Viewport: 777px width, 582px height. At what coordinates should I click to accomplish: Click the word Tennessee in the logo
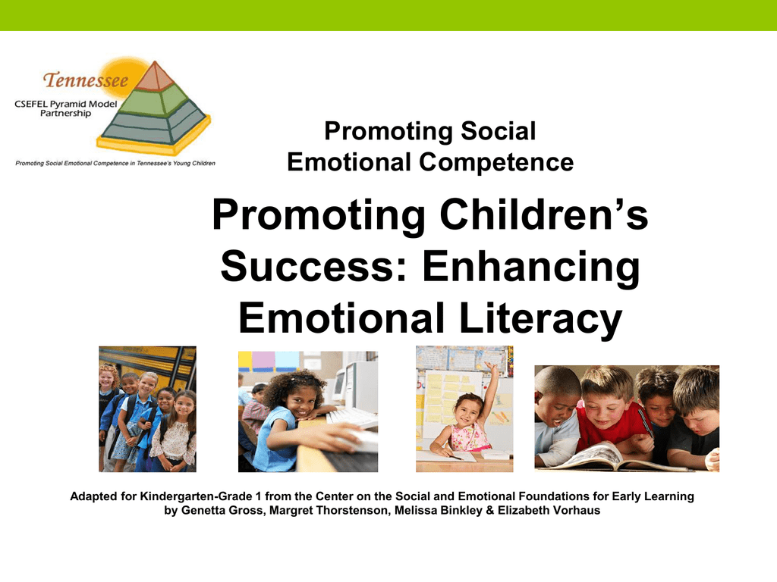(x=85, y=80)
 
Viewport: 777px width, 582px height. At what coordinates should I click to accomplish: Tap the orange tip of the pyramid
(x=156, y=77)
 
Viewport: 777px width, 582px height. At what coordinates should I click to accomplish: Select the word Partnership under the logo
(x=65, y=114)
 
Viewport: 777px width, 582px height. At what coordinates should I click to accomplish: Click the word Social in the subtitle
(x=498, y=131)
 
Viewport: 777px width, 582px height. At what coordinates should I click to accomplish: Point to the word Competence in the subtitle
(x=496, y=162)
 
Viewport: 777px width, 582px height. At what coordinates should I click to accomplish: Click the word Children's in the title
(x=543, y=214)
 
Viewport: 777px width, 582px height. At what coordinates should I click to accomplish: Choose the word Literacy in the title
(x=540, y=320)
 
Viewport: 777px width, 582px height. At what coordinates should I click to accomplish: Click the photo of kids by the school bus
(x=148, y=408)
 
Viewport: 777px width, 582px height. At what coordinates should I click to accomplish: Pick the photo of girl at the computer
(x=308, y=411)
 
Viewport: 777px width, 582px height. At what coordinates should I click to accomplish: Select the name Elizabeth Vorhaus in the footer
(x=549, y=510)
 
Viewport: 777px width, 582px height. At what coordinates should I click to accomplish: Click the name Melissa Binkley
(x=438, y=510)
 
